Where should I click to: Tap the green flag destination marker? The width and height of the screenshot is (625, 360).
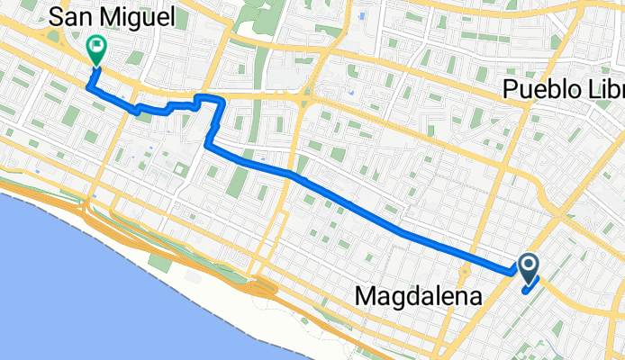point(95,48)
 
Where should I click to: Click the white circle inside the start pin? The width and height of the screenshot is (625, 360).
point(528,264)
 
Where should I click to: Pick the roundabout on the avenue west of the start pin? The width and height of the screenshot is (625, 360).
point(466,272)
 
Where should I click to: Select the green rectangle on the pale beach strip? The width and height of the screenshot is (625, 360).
point(159,262)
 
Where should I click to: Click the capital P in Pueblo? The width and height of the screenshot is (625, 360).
point(510,90)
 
